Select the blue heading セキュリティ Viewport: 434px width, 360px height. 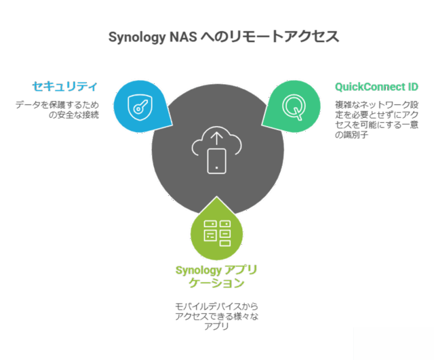point(65,87)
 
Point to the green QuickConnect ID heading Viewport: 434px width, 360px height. point(376,87)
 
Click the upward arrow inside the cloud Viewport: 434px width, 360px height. point(216,138)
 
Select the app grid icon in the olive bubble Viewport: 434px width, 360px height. point(216,233)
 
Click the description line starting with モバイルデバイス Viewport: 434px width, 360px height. point(216,306)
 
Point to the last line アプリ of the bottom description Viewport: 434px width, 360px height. point(216,326)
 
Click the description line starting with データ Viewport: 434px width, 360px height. point(57,105)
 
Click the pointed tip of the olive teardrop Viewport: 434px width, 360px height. point(216,197)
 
